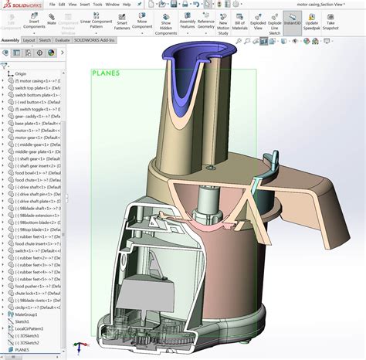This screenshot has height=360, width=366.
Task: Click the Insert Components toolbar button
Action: [x=34, y=22]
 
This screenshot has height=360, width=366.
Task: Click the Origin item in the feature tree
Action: [x=21, y=74]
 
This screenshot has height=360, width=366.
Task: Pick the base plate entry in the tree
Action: [x=31, y=123]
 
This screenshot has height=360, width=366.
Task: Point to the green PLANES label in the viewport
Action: [x=106, y=73]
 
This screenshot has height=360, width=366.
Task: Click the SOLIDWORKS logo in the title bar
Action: [x=23, y=4]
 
